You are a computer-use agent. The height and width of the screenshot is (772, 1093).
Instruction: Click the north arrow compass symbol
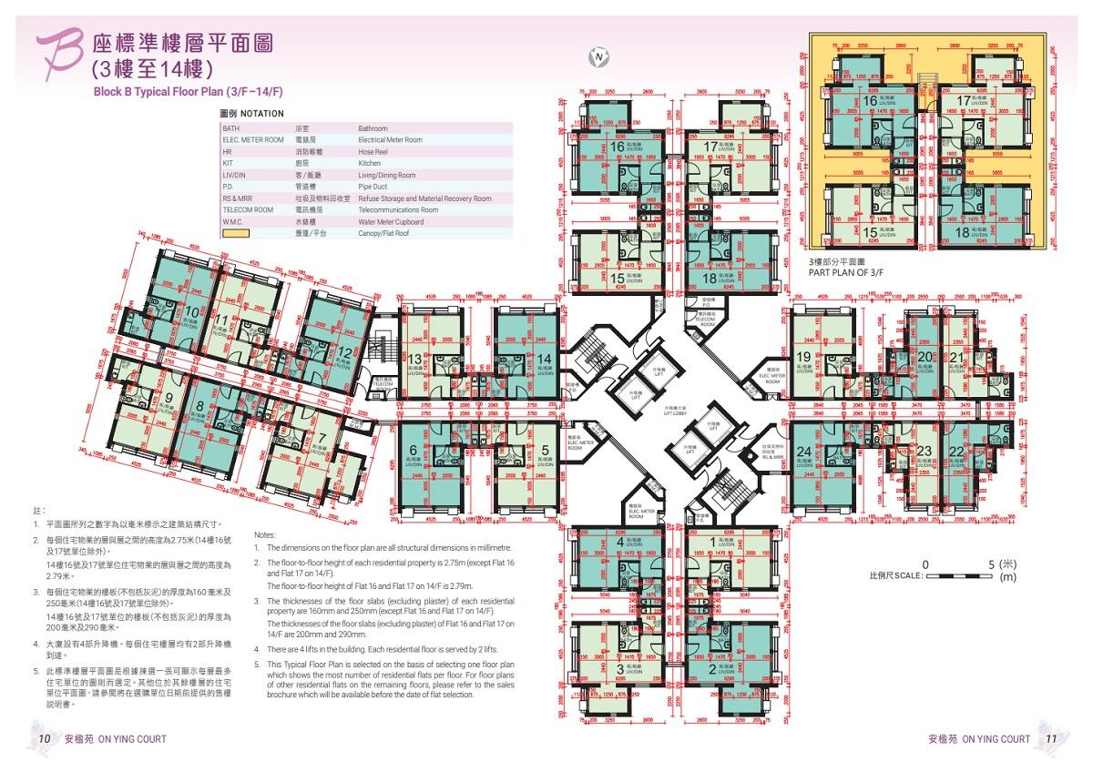pos(598,56)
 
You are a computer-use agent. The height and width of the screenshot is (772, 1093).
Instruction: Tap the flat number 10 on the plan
pos(192,312)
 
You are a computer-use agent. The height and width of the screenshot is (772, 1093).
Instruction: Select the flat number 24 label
pos(803,452)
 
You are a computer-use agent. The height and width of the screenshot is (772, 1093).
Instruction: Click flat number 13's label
pos(415,360)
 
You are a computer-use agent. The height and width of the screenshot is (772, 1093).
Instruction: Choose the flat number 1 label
pos(712,543)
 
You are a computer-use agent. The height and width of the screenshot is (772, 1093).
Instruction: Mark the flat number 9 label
pos(169,398)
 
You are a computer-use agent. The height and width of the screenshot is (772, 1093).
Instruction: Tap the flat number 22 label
pos(956,452)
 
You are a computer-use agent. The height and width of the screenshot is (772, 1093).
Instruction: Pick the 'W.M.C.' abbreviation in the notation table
pos(235,222)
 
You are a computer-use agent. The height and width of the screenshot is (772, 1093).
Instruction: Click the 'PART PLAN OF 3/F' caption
pos(848,271)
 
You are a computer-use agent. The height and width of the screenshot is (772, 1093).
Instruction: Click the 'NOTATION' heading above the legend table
pos(249,114)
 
